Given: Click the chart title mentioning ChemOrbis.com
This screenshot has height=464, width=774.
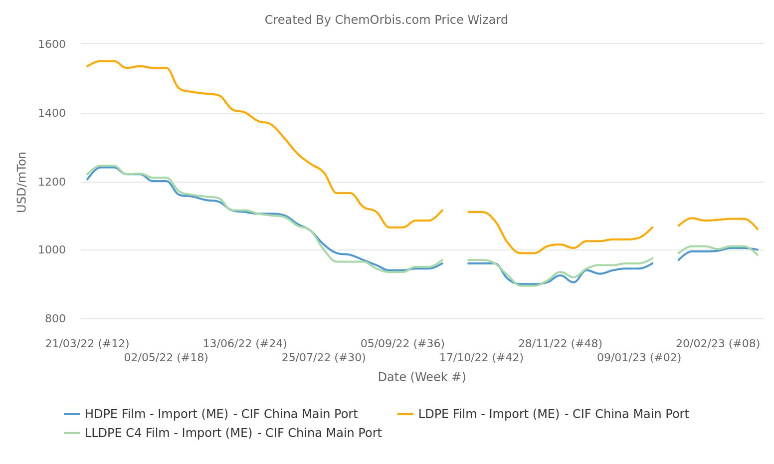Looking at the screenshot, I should (x=386, y=20).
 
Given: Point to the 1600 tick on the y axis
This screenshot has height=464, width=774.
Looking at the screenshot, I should (x=52, y=44).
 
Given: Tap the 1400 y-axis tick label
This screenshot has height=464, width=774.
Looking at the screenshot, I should (x=52, y=113).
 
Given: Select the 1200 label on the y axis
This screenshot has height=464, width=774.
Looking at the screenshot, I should (x=52, y=182).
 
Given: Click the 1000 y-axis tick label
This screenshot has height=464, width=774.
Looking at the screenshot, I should (x=52, y=250).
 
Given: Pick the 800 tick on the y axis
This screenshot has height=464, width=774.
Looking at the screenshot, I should (x=55, y=319).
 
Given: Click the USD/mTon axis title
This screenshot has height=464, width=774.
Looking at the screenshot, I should (x=21, y=182).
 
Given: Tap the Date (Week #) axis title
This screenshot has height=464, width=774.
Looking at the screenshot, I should (x=421, y=377).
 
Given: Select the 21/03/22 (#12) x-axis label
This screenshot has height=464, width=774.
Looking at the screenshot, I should (x=87, y=344).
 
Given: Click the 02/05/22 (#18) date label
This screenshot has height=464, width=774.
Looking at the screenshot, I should (x=166, y=358).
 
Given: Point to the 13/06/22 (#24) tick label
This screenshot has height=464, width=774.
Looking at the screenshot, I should (x=245, y=344).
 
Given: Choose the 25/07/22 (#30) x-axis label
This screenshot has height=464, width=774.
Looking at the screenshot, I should (x=324, y=358).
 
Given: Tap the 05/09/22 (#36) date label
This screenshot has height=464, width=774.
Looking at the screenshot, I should (x=402, y=344).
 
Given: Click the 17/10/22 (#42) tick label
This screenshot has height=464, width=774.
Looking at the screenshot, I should (x=481, y=358).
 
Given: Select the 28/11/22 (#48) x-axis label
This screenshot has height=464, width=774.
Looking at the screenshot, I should (x=560, y=344).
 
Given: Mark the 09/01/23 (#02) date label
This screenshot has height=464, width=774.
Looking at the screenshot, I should (x=639, y=358).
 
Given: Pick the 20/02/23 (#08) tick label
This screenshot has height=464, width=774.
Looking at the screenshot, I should (x=718, y=344).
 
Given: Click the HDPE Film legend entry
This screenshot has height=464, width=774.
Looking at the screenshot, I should (x=221, y=414).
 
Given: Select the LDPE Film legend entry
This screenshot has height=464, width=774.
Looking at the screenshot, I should (x=553, y=414).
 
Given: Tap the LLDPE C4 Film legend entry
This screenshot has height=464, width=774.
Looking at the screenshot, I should (x=233, y=433).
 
